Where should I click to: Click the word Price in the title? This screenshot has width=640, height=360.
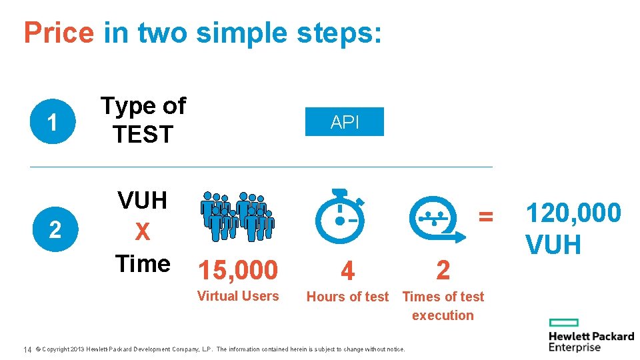[59, 33]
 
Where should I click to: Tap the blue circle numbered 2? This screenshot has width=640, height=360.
[54, 230]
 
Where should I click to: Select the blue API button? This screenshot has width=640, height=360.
[345, 122]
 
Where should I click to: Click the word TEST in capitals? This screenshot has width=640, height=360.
[143, 135]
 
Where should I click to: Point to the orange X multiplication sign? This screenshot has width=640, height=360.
[142, 232]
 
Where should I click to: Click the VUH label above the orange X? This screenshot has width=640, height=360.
[142, 200]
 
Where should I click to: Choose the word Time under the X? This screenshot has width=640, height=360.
[142, 264]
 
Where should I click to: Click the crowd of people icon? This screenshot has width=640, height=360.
[237, 216]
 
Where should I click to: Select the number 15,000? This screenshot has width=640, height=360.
[237, 270]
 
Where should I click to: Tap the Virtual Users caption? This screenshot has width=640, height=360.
[238, 296]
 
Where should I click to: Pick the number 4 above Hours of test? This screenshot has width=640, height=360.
[347, 271]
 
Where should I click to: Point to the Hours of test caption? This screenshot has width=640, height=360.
[347, 297]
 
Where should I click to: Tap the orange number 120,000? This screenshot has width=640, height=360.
[573, 213]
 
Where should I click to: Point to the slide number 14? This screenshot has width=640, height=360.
[28, 349]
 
